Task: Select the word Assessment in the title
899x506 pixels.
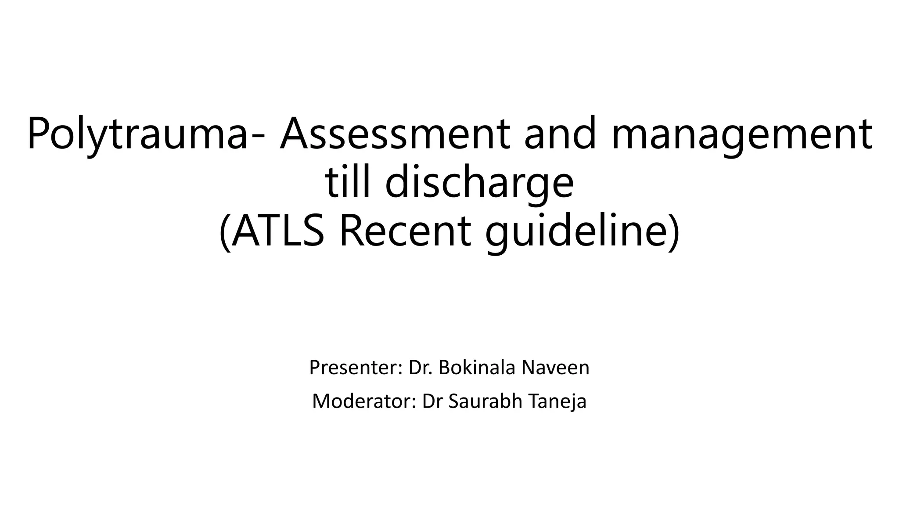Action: (395, 133)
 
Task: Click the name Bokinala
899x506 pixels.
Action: (476, 368)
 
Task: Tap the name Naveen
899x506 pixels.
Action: (555, 368)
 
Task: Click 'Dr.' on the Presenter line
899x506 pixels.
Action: (421, 368)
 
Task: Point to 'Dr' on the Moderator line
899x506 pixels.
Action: (431, 401)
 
